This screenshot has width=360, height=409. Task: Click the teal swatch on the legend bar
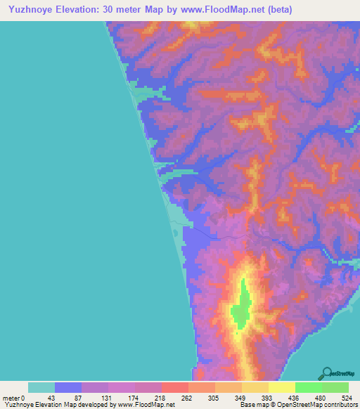[x=41, y=387]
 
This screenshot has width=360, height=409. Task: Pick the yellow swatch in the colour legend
[x=282, y=387]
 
